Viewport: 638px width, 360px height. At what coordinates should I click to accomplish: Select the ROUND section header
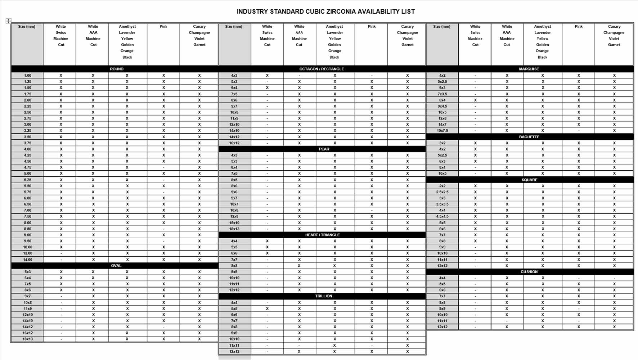[x=116, y=69]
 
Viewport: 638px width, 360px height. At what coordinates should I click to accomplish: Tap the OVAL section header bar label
[x=116, y=266]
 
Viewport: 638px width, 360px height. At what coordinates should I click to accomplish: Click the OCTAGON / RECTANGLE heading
[x=322, y=69]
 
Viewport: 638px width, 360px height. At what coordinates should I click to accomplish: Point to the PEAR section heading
[x=324, y=149]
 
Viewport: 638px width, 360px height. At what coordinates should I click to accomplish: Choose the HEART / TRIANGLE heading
[x=322, y=235]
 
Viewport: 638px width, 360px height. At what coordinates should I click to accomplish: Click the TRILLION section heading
[x=323, y=296]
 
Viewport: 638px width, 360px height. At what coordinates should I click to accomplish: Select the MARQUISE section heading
[x=529, y=69]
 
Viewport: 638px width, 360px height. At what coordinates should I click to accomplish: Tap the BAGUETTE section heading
[x=529, y=137]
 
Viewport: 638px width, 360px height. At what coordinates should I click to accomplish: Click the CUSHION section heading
[x=529, y=272]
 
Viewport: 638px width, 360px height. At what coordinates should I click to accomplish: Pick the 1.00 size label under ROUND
[x=27, y=76]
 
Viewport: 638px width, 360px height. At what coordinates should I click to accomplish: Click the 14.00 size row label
[x=27, y=260]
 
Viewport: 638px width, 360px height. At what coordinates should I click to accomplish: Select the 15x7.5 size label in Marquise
[x=442, y=131]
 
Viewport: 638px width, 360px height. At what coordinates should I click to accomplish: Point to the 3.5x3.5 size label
[x=442, y=204]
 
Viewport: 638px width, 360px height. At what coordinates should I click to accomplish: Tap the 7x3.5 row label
[x=442, y=94]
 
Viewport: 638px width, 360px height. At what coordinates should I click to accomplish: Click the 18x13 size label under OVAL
[x=27, y=339]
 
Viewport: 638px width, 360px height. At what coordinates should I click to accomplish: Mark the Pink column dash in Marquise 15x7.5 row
[x=579, y=131]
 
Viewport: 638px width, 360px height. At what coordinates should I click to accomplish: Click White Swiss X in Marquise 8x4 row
[x=475, y=100]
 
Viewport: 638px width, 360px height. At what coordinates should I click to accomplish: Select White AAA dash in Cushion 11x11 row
[x=507, y=321]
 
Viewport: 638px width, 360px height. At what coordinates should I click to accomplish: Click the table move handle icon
[x=8, y=21]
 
